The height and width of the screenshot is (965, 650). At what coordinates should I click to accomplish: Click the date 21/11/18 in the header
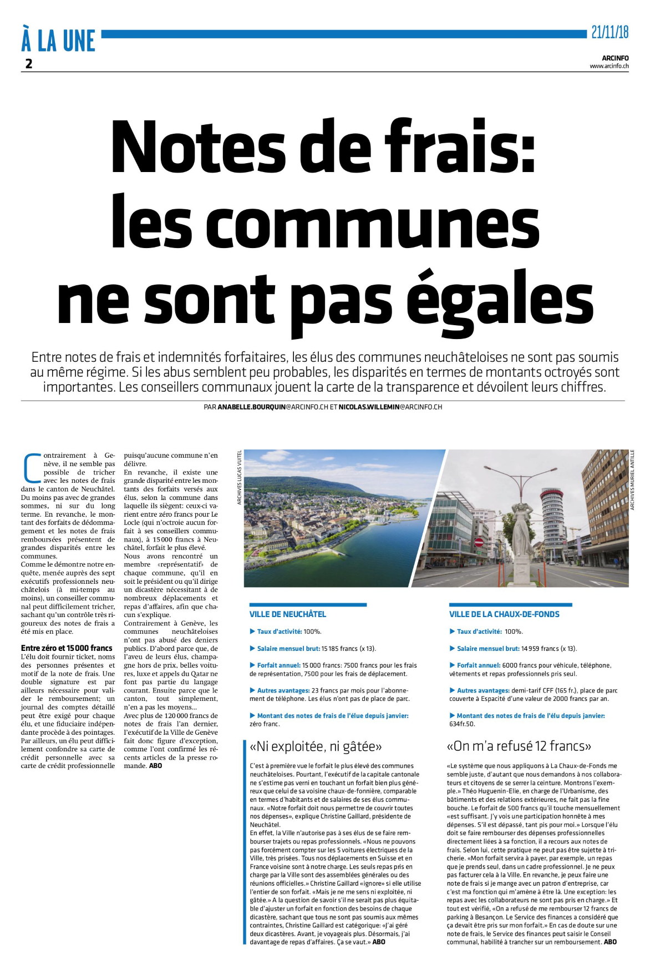610,32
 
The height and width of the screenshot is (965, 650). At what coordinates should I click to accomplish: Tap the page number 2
29,64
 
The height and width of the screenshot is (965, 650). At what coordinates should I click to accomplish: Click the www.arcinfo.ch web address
609,66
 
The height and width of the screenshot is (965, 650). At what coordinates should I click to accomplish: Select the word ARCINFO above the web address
615,58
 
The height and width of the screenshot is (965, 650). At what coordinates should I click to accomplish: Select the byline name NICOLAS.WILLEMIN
369,407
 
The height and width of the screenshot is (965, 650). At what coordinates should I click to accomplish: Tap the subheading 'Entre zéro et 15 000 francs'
67,648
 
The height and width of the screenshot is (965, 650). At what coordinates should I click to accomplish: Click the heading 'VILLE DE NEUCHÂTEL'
288,614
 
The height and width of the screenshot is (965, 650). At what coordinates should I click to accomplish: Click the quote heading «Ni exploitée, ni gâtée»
316,746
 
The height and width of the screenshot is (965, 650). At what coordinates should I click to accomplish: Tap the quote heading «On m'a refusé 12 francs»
519,746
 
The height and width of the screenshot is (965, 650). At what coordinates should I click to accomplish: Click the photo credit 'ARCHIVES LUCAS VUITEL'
240,477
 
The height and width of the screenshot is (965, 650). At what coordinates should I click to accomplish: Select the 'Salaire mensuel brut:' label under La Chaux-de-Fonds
488,648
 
